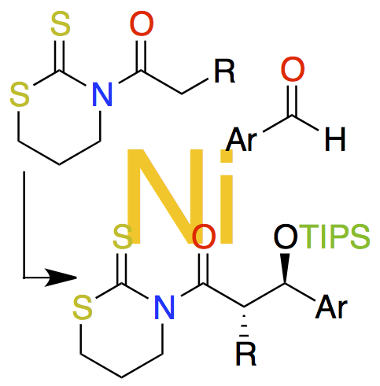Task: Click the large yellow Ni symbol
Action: (180, 196)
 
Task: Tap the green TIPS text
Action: (334, 237)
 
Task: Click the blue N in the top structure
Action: (102, 94)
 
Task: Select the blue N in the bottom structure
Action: (164, 307)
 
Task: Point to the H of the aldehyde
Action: (335, 139)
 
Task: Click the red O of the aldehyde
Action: (293, 68)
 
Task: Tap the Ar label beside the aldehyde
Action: (242, 139)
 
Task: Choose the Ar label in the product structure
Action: (331, 307)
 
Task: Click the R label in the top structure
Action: (225, 71)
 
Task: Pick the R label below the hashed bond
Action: (246, 353)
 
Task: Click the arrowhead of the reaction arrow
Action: (61, 278)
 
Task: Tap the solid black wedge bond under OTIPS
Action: (285, 268)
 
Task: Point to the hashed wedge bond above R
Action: (245, 325)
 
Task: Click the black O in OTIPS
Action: (286, 237)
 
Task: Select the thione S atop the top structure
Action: (61, 24)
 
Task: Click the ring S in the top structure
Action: (20, 94)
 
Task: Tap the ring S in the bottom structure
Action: (83, 307)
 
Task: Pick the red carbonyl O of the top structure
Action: (142, 24)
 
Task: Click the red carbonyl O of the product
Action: (204, 237)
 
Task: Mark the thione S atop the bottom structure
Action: (123, 237)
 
